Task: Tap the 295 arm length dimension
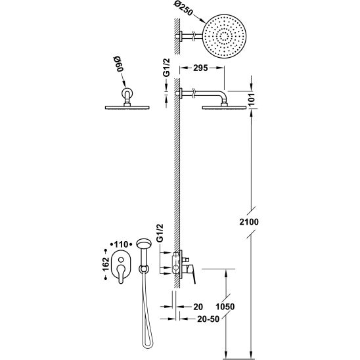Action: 200,68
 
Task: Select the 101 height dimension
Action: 252,99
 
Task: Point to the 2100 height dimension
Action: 249,222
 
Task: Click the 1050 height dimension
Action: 225,307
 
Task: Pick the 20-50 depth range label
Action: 208,319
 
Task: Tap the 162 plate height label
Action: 106,264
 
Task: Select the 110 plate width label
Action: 121,244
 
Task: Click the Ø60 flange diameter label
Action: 118,64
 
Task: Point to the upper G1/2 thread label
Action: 166,67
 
